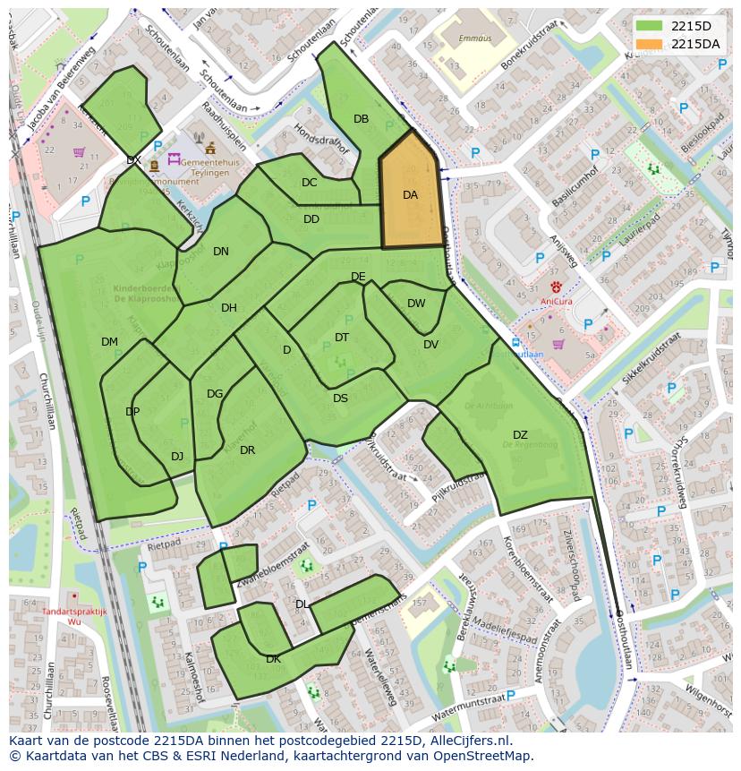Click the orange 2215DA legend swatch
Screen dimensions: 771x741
(651, 44)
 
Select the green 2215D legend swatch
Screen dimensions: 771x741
(651, 27)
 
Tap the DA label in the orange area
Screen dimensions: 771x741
(410, 195)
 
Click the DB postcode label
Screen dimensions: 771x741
(361, 119)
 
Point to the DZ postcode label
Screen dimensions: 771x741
(520, 435)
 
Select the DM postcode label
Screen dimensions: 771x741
(109, 342)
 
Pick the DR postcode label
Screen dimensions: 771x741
(248, 450)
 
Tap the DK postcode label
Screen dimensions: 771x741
(273, 659)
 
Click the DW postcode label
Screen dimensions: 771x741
(416, 304)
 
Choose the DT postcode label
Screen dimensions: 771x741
(342, 338)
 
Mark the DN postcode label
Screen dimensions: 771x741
(221, 252)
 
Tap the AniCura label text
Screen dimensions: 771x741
(556, 302)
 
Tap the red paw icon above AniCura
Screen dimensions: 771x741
(556, 287)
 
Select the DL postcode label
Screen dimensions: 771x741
(302, 604)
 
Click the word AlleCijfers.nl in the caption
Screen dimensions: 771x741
(465, 741)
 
